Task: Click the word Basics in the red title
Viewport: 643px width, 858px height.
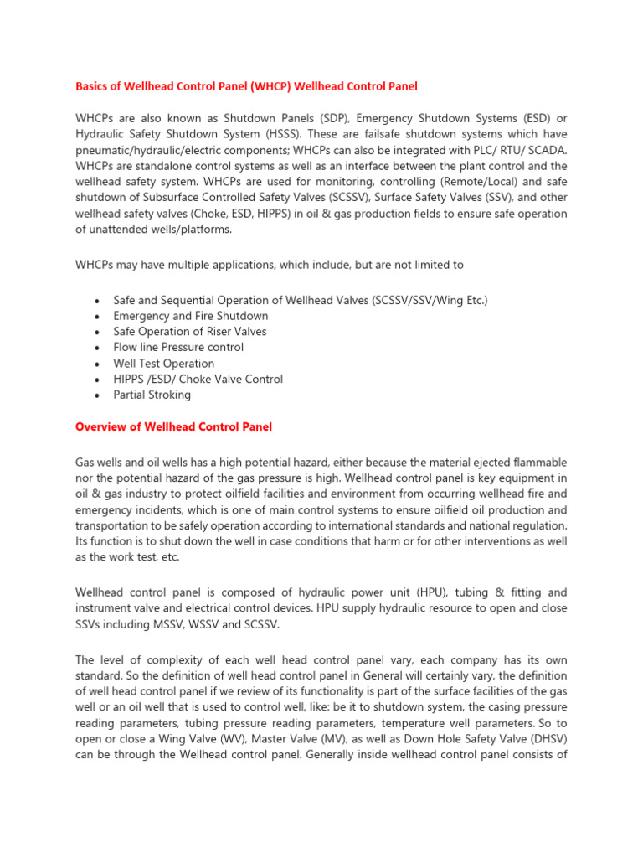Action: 93,85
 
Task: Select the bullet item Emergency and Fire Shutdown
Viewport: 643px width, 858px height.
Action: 191,316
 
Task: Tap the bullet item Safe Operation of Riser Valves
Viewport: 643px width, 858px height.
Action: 190,332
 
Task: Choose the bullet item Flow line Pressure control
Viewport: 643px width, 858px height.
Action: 178,347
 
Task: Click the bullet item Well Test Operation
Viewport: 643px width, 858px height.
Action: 164,364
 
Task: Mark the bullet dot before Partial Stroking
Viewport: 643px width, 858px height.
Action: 99,395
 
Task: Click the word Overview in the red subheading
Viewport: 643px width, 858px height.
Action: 101,426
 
